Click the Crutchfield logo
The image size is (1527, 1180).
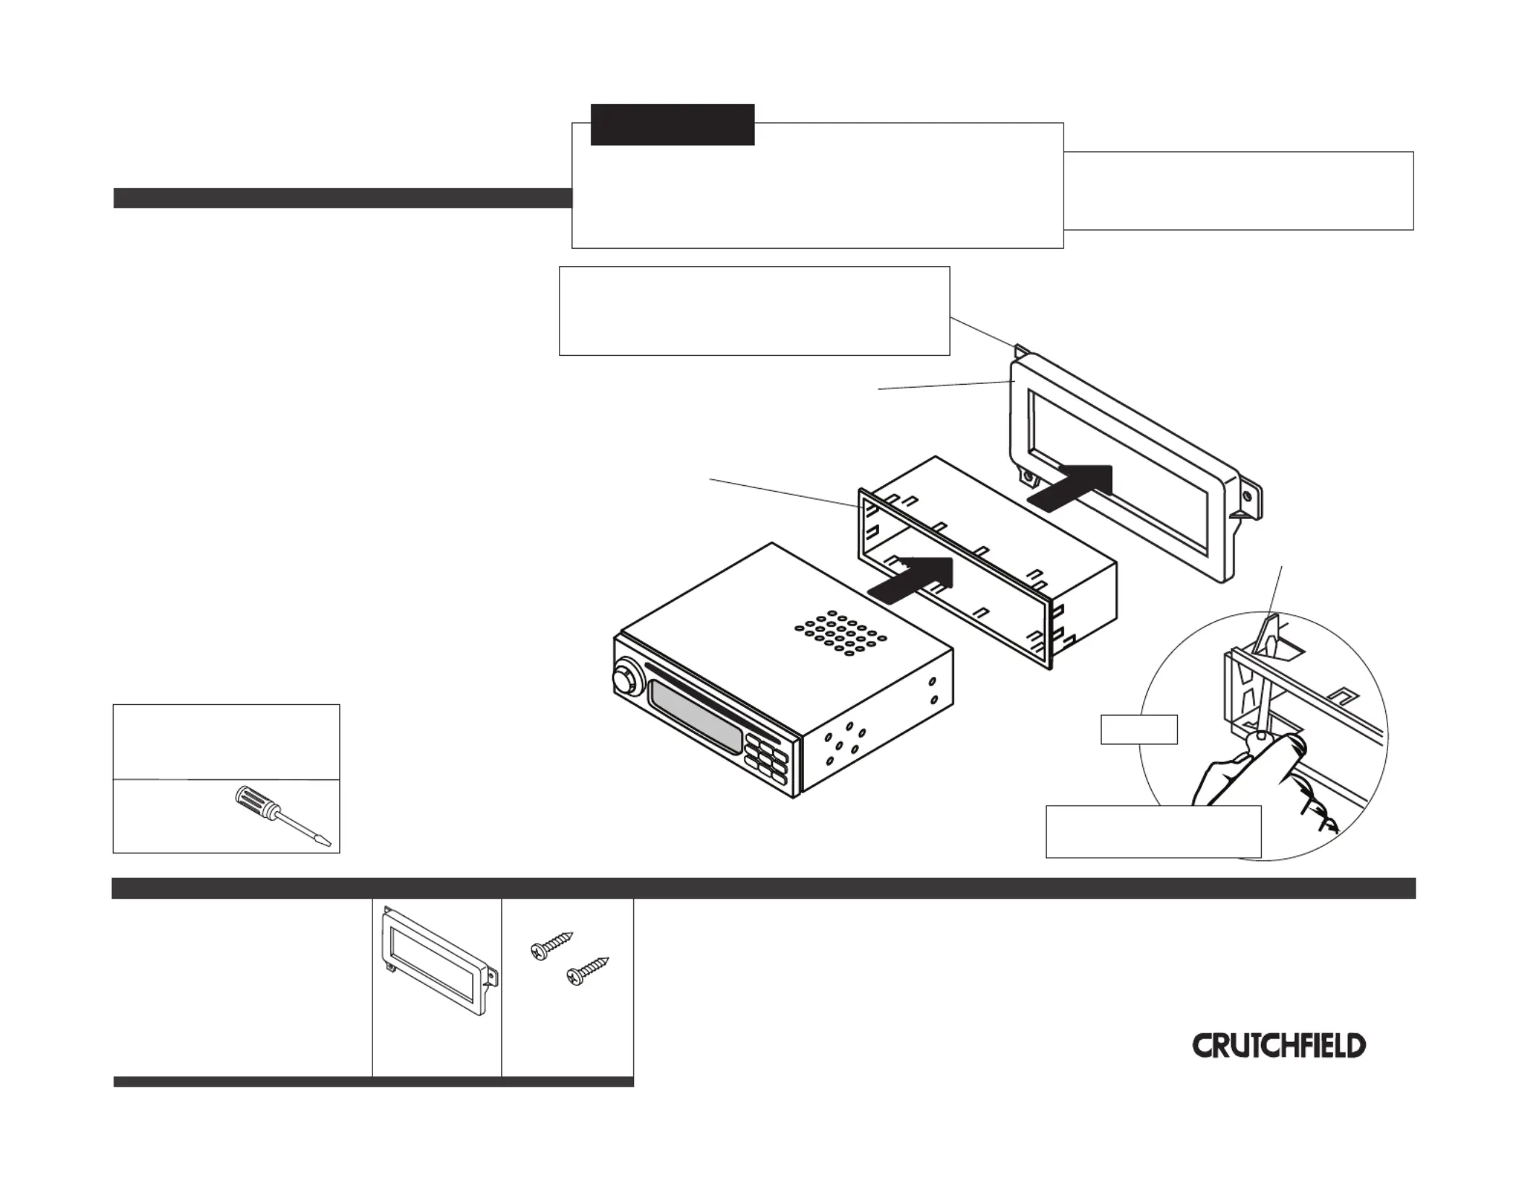1278,1046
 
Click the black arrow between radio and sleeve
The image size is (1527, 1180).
913,579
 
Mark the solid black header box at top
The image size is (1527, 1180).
672,124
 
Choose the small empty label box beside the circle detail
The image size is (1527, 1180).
1138,729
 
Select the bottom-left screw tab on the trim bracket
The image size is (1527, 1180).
1026,477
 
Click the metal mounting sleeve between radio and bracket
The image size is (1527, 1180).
991,564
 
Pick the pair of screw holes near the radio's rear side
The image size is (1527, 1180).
933,690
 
